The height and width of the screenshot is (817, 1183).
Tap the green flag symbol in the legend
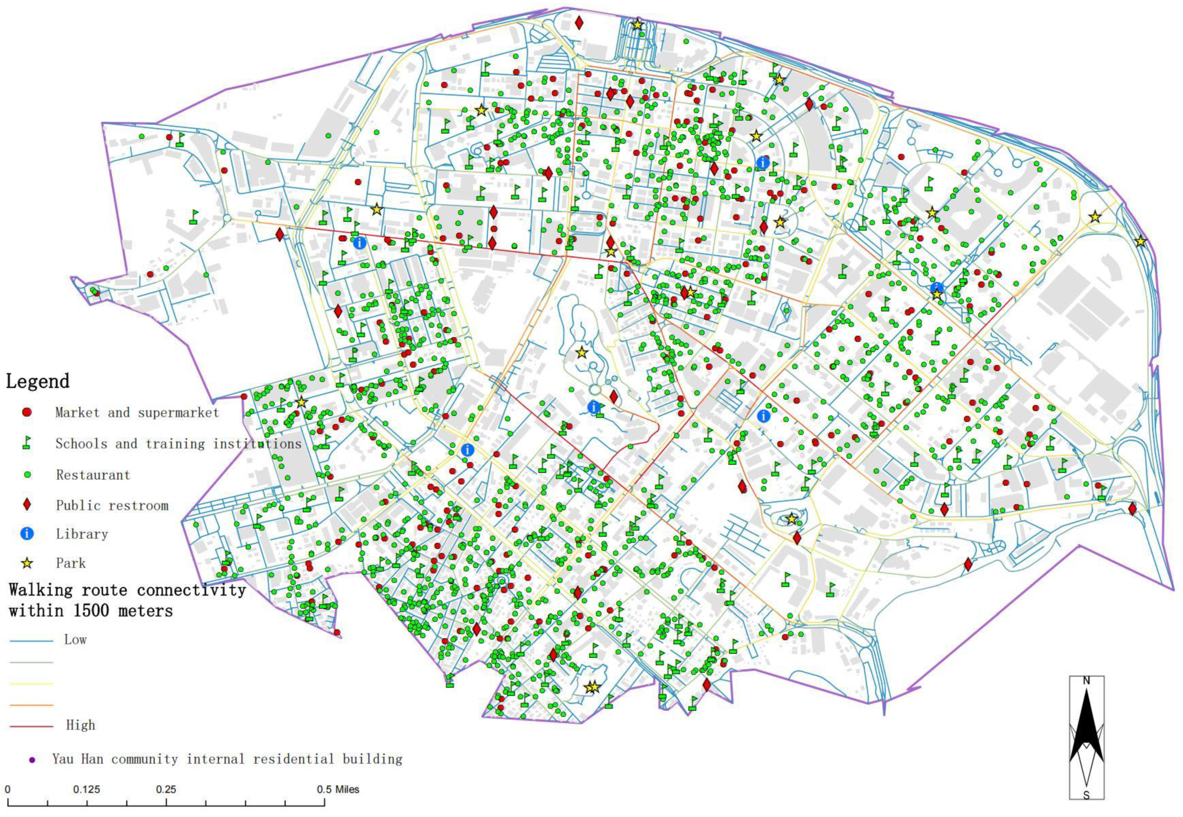pos(26,443)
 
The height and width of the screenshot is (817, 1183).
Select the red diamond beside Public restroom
pos(27,505)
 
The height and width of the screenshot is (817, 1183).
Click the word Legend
pos(38,381)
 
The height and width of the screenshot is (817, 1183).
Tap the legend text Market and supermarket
pos(137,413)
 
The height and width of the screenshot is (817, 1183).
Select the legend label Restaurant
pos(93,475)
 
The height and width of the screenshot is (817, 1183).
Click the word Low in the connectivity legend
pos(75,639)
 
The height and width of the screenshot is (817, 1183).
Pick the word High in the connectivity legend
pos(81,725)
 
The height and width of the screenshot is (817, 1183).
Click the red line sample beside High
pos(31,726)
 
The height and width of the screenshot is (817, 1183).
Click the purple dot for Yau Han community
pos(32,760)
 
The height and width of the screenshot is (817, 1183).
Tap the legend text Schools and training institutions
pos(178,443)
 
